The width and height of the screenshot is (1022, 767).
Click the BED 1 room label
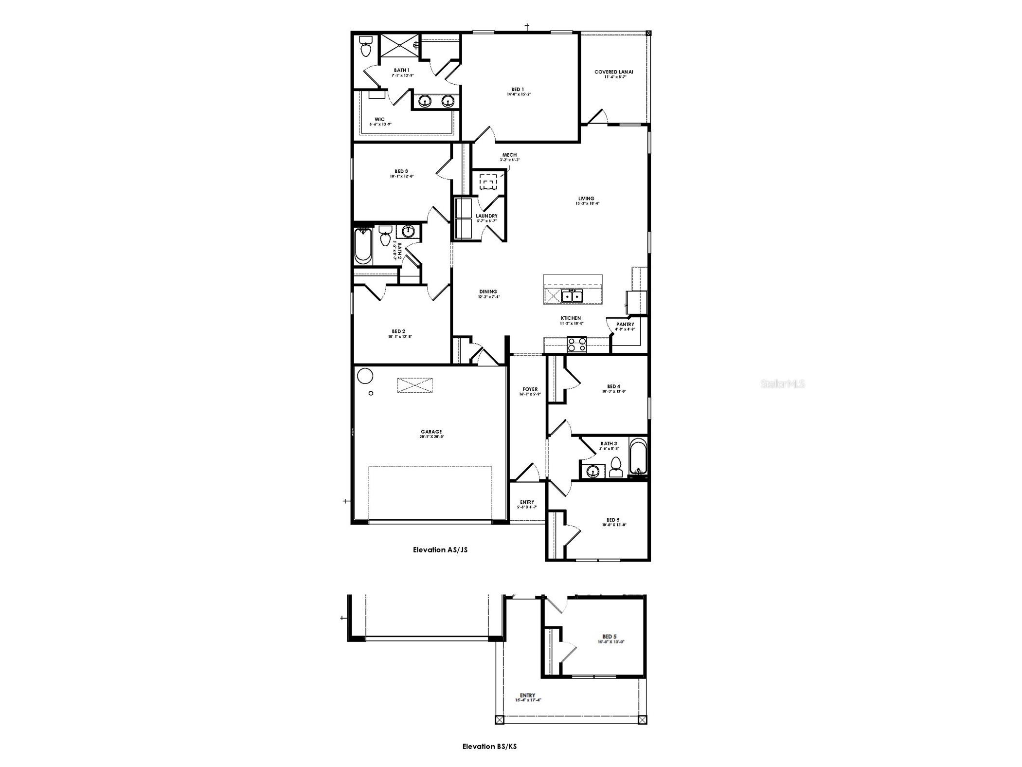click(x=518, y=90)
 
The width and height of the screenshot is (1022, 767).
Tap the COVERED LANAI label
click(x=613, y=72)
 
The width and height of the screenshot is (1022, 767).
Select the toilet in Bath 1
click(x=366, y=47)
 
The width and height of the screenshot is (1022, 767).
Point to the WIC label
click(x=379, y=120)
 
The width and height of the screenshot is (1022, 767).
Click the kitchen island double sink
click(x=572, y=295)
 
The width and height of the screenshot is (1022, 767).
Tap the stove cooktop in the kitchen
click(x=577, y=345)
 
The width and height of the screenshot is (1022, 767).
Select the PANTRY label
click(x=625, y=324)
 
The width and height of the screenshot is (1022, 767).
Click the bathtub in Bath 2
click(x=362, y=246)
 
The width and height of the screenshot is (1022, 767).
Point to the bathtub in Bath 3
click(x=638, y=457)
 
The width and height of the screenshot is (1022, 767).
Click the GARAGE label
click(x=431, y=432)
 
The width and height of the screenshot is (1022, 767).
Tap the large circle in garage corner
click(x=365, y=376)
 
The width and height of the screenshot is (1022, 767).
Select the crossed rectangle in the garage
click(x=414, y=385)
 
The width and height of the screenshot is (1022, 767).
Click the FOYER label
click(x=530, y=389)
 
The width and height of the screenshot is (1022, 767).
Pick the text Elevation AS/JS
click(x=440, y=550)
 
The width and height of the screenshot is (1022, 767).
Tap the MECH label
click(x=509, y=155)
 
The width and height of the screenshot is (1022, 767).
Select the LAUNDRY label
click(x=486, y=216)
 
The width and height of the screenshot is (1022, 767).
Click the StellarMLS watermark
click(x=782, y=384)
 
